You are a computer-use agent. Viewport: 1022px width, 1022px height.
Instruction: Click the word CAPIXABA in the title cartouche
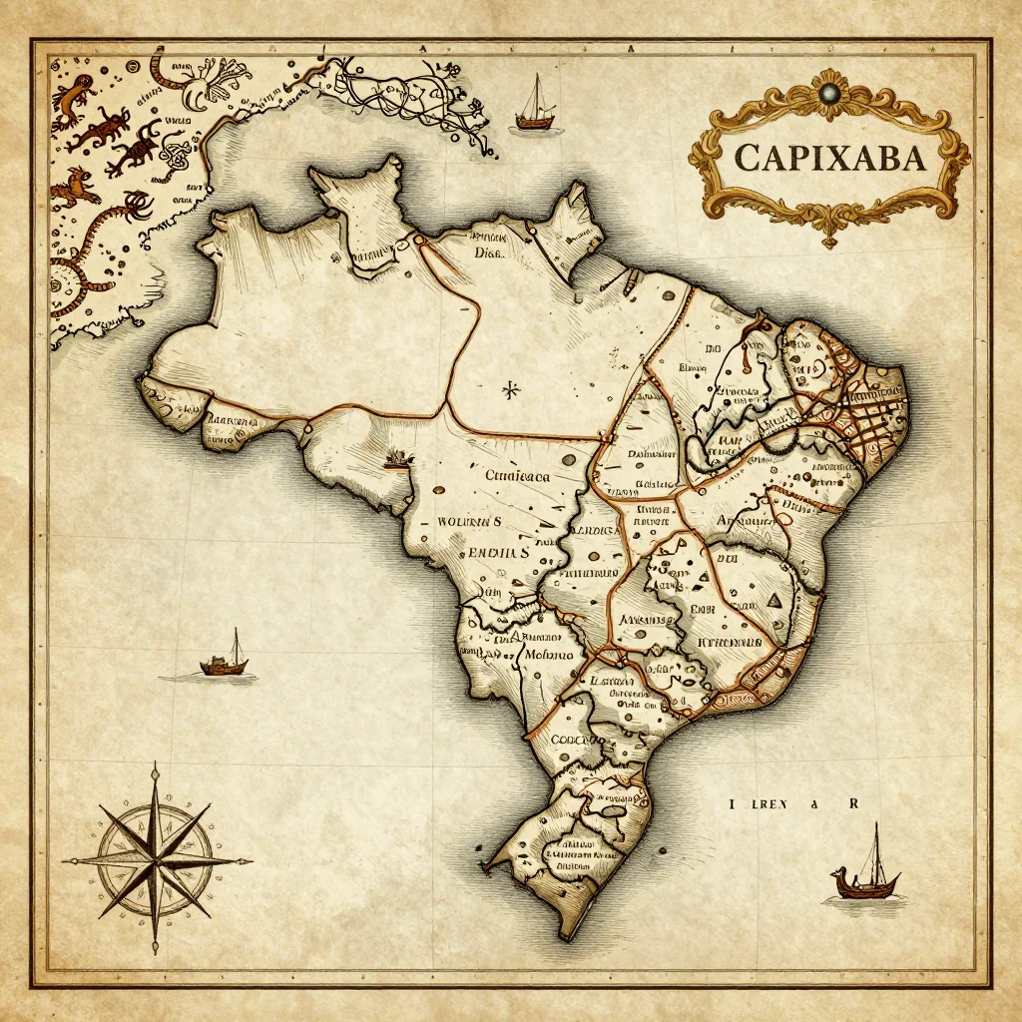(828, 157)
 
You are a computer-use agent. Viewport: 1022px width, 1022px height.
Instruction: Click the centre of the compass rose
(156, 859)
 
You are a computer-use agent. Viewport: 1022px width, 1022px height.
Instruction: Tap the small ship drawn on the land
(398, 458)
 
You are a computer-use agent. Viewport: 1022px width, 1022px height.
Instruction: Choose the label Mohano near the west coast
(550, 655)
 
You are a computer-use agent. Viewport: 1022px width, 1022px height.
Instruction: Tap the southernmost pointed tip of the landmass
(565, 936)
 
